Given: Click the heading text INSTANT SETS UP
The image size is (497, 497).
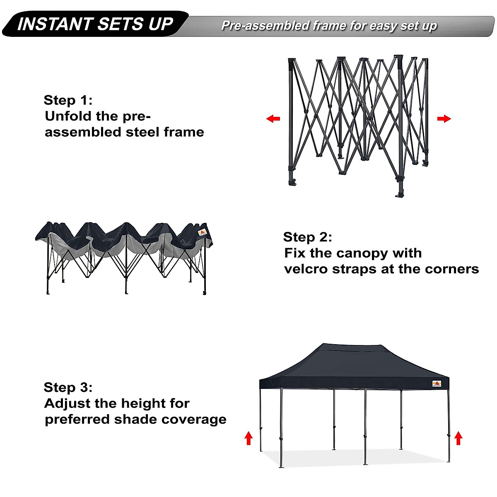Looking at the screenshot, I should (95, 24).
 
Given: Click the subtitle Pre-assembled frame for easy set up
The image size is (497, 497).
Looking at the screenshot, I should (329, 26).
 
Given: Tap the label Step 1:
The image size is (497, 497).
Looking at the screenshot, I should (68, 100).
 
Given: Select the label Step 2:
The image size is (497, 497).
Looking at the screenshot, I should (307, 237).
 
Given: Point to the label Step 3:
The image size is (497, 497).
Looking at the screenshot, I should (68, 387).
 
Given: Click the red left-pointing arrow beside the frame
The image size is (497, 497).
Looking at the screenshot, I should (273, 119).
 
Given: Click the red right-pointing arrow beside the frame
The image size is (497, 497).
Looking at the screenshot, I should (444, 119).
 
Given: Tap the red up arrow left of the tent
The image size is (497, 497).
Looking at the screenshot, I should (248, 438).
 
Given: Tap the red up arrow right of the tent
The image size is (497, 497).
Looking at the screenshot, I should (458, 438).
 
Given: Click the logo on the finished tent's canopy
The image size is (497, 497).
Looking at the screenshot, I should (437, 384).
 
